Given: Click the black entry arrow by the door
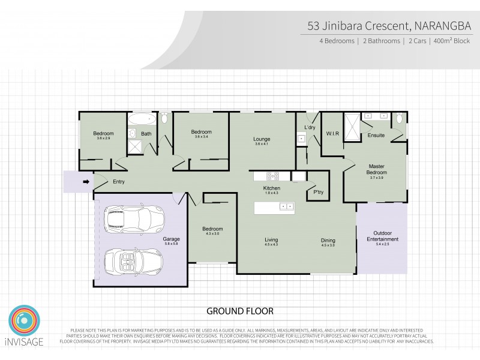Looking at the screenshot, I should (x=85, y=182).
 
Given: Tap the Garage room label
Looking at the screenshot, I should (x=172, y=239).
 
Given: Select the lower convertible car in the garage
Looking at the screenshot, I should (x=133, y=261).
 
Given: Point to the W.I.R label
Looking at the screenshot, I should (x=332, y=133).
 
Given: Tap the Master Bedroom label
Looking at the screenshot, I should (x=376, y=169).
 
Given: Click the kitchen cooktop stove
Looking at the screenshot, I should (x=273, y=176).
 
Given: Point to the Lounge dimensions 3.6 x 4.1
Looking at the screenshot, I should (x=262, y=144).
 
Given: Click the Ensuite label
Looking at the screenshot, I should (x=376, y=136).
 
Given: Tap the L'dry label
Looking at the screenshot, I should (x=310, y=128).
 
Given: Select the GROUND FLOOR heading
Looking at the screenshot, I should (x=240, y=311).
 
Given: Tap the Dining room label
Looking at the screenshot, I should (x=328, y=241).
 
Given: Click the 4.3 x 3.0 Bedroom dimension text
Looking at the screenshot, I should (x=212, y=234).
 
